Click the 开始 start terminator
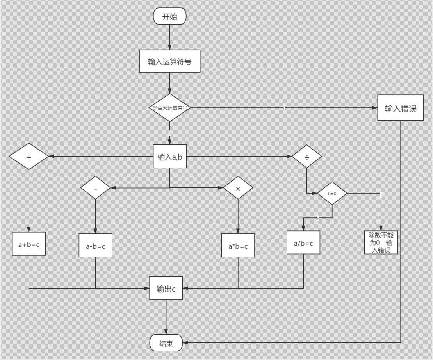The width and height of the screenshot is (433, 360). (x=170, y=17)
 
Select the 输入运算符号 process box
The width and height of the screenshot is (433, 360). (x=170, y=61)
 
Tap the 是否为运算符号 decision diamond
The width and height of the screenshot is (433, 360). (x=170, y=108)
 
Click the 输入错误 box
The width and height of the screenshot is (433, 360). (x=401, y=108)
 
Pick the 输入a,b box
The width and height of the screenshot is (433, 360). (x=169, y=157)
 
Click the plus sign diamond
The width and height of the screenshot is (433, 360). (x=29, y=157)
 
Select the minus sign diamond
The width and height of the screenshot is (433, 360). (x=96, y=188)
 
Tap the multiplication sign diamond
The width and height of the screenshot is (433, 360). (x=238, y=188)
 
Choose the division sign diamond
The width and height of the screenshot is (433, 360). (x=307, y=157)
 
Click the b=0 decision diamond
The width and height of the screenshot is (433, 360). (x=332, y=193)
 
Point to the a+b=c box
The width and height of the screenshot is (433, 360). (x=29, y=244)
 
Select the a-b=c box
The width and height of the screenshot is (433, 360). (x=96, y=246)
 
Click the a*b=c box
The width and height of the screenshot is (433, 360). (x=238, y=246)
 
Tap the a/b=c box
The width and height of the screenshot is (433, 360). (x=303, y=242)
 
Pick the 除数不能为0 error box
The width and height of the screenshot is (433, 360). (x=381, y=242)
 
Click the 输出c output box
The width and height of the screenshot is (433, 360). (x=166, y=289)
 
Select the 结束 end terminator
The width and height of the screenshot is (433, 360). (x=166, y=343)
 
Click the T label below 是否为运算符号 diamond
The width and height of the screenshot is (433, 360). (x=170, y=134)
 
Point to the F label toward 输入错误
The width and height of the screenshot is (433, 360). (x=284, y=108)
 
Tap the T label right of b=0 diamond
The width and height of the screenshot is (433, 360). (x=381, y=195)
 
